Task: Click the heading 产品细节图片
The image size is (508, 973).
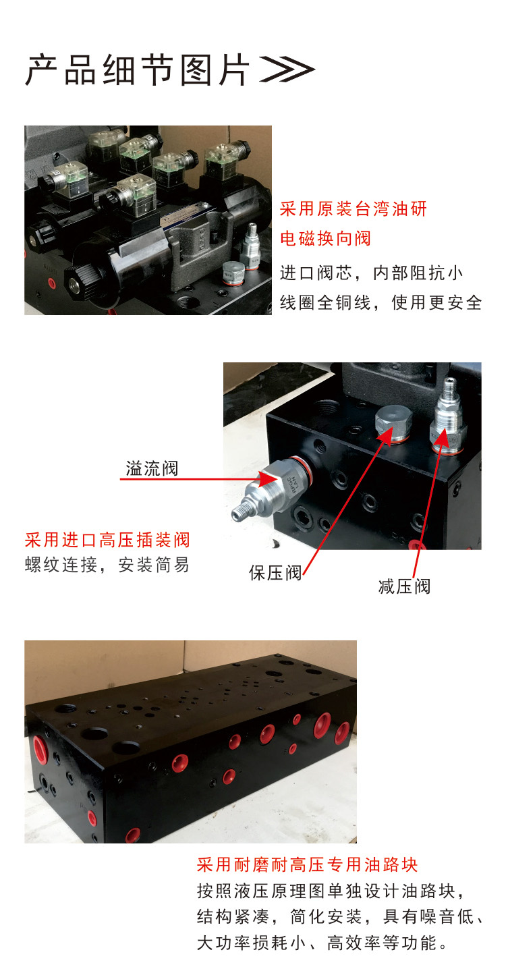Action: click(x=138, y=69)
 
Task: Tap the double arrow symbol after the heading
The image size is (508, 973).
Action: click(x=287, y=69)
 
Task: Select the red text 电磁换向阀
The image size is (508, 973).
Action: click(x=325, y=238)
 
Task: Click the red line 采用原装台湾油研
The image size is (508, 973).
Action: click(x=354, y=209)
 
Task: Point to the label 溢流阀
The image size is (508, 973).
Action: click(x=152, y=468)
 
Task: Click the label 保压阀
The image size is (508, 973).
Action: click(x=275, y=573)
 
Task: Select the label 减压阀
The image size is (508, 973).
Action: click(x=404, y=586)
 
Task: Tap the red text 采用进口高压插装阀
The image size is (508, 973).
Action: click(x=107, y=540)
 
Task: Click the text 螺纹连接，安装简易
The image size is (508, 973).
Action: click(x=107, y=565)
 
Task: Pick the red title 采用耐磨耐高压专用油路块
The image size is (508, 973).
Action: click(x=308, y=865)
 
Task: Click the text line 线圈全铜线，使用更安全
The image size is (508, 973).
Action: click(x=380, y=303)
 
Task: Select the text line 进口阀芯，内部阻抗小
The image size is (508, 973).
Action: click(x=372, y=273)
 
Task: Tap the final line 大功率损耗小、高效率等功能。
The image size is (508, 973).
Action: click(x=322, y=943)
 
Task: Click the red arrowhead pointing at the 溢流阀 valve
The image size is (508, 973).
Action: click(x=267, y=479)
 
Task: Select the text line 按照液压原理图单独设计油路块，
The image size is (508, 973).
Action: click(x=331, y=891)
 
